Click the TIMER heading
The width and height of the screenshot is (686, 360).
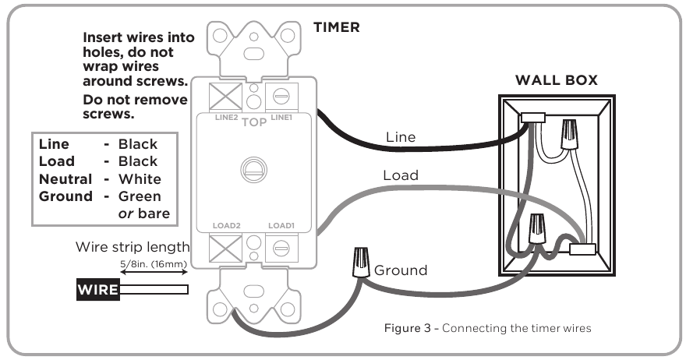[336, 27]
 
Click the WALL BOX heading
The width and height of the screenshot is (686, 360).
[557, 80]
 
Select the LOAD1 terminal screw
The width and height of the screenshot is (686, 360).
[278, 250]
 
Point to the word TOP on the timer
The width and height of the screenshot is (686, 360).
[254, 122]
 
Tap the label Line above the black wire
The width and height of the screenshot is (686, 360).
[401, 136]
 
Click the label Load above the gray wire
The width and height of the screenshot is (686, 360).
[400, 175]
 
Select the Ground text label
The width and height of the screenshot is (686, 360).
[401, 270]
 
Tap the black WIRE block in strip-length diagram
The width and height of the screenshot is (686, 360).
[97, 291]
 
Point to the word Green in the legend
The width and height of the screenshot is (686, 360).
[140, 196]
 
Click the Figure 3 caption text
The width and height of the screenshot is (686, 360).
[487, 328]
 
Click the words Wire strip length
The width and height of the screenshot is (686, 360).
[133, 247]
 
